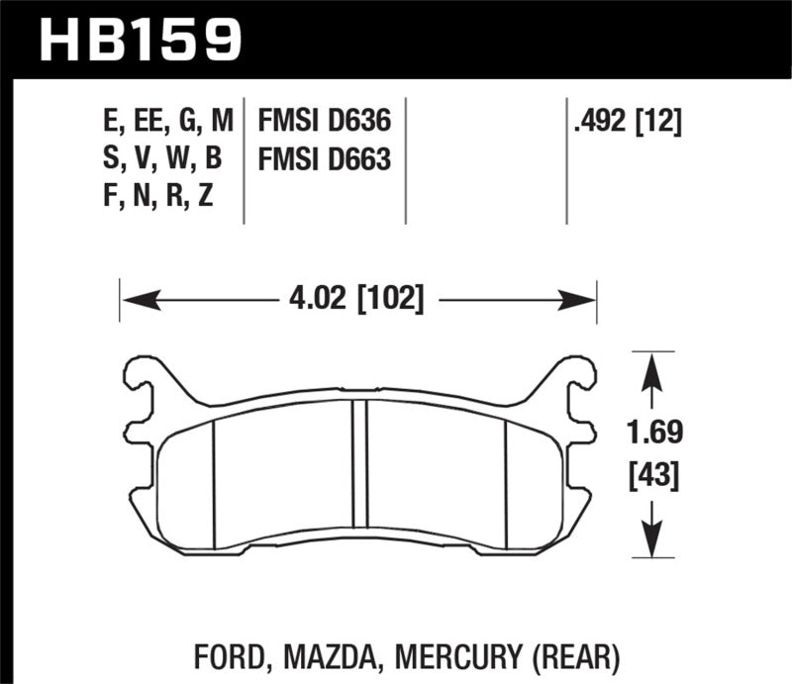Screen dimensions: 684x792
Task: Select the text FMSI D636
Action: [325, 123]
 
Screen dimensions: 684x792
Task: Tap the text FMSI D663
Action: [325, 160]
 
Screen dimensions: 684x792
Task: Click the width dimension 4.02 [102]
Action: [358, 298]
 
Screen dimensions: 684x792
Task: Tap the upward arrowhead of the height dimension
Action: [650, 368]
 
